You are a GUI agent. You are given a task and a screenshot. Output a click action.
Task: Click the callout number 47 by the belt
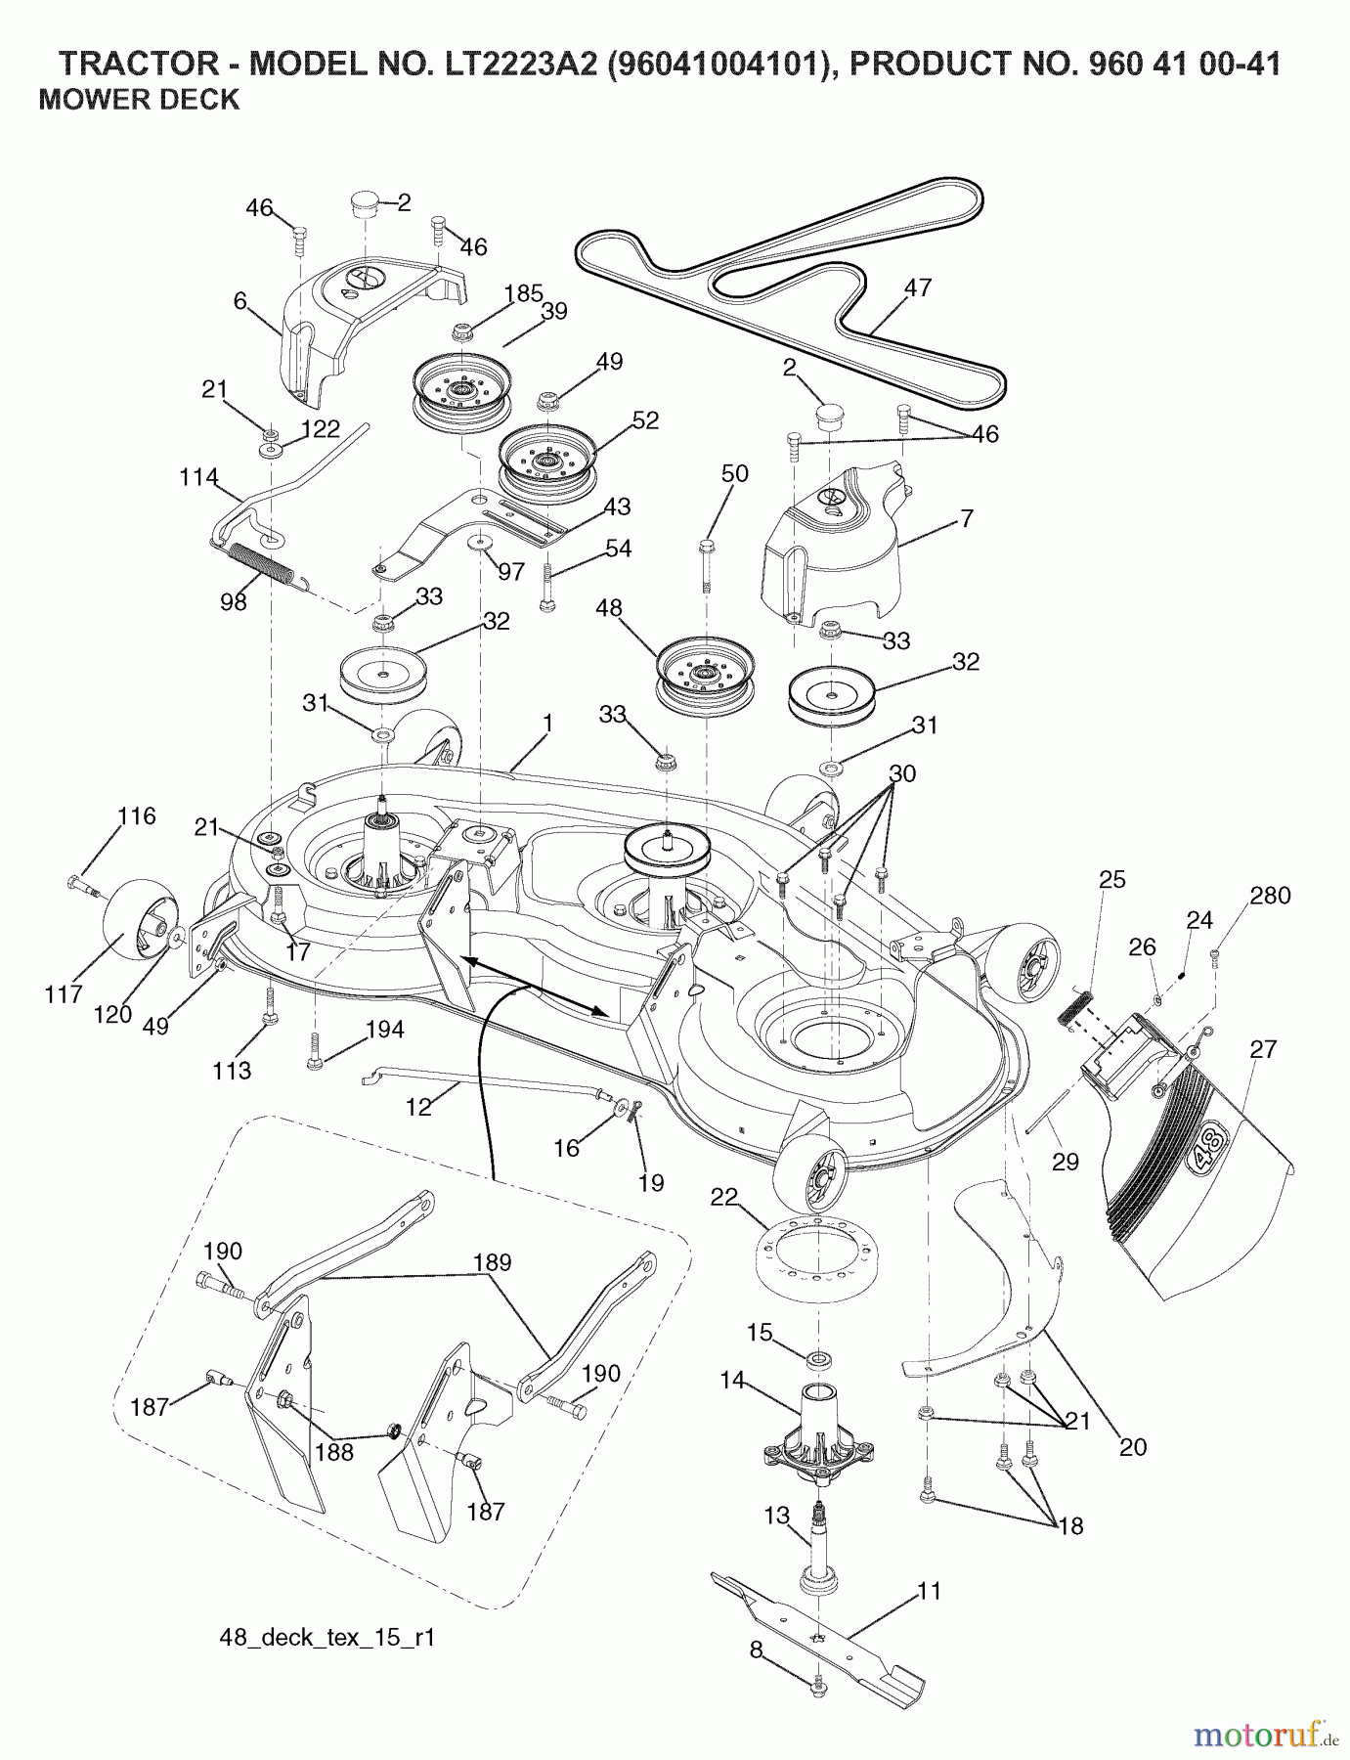[x=917, y=288]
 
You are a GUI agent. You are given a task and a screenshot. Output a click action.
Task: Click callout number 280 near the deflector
[x=1270, y=896]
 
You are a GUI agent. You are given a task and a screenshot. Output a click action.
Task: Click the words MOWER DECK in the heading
[x=139, y=100]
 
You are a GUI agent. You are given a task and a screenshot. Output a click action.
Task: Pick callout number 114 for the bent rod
[x=199, y=477]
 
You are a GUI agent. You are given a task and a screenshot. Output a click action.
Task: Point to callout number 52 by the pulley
[x=645, y=420]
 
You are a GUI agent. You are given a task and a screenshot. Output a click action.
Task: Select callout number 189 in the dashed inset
[x=492, y=1262]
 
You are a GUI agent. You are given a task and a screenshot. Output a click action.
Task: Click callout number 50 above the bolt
[x=734, y=474]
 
